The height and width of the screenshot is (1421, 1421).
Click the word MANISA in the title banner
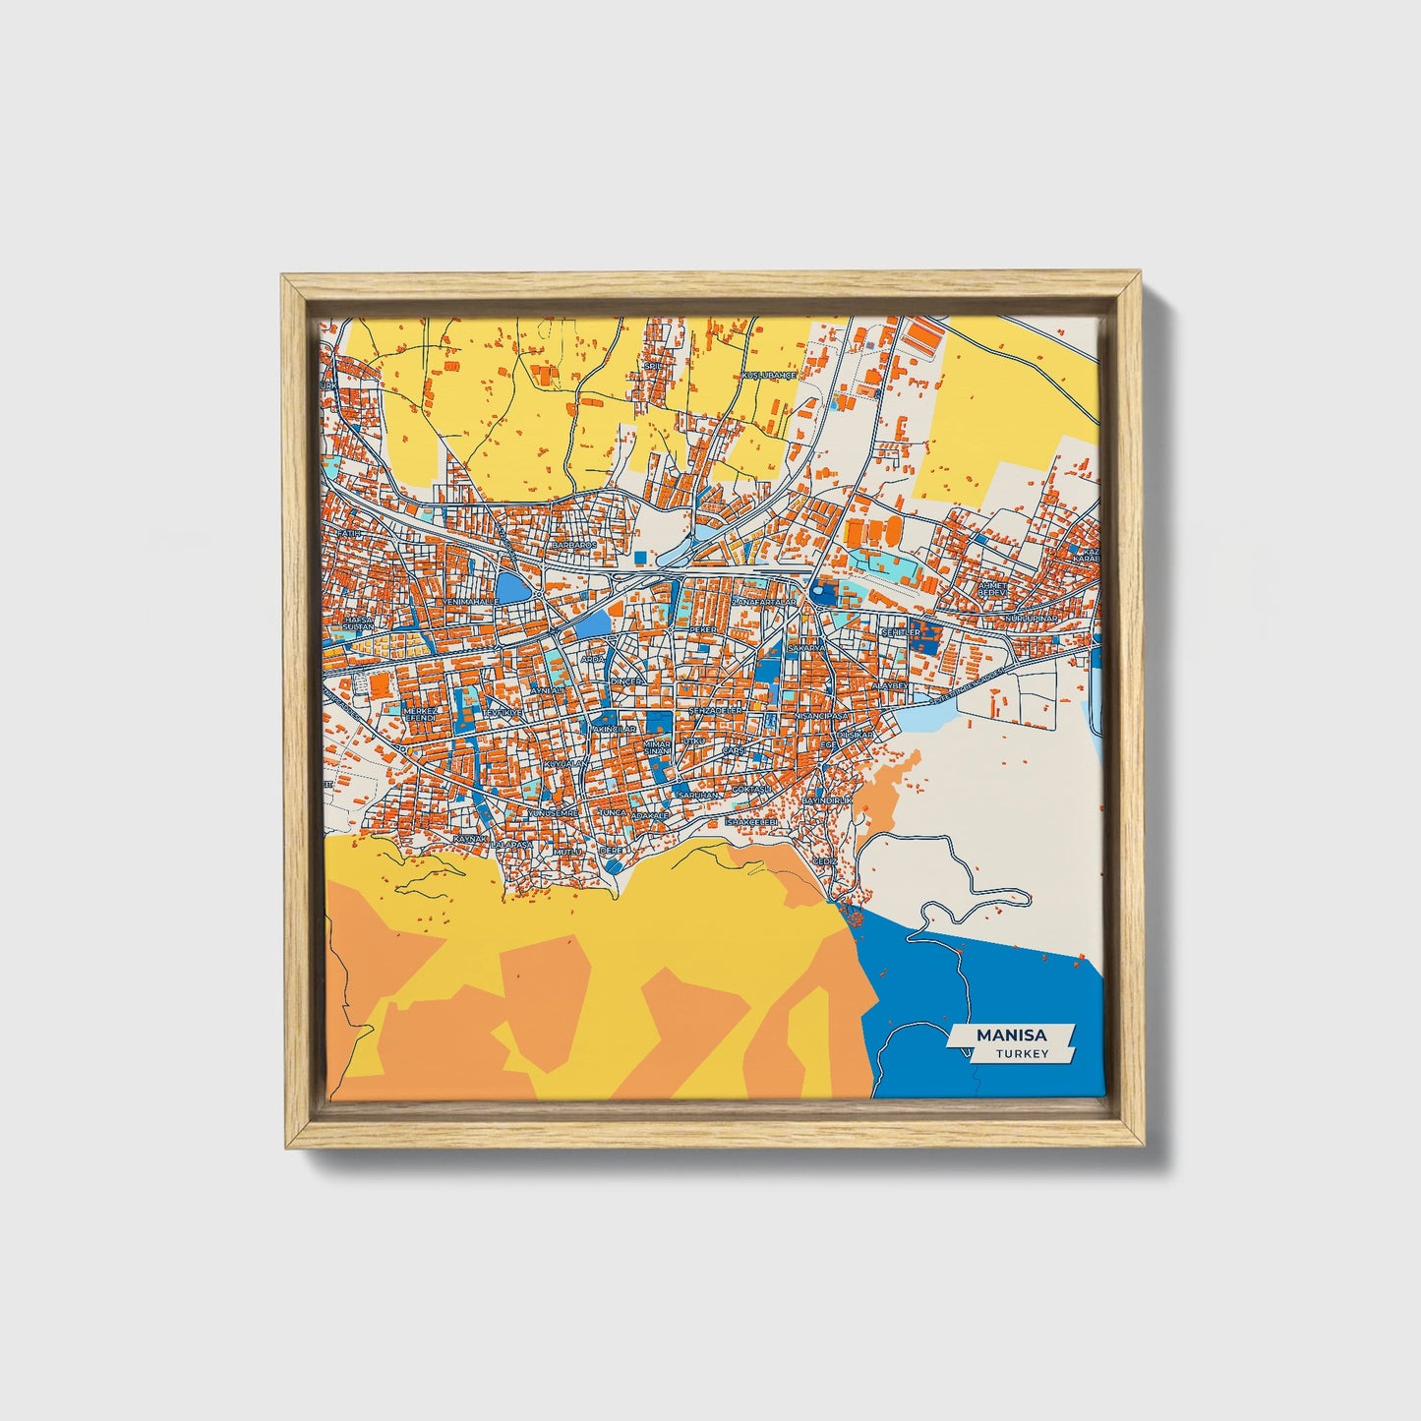pos(1012,1036)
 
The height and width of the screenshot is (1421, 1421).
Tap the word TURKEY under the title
pos(1022,1054)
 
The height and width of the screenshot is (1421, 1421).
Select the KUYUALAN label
pos(566,764)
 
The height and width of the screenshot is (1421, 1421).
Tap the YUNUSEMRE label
pos(551,814)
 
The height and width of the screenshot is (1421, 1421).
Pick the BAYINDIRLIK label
pos(826,801)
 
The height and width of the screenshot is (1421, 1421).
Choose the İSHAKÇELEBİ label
pos(751,821)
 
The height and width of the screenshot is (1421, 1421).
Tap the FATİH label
pos(351,533)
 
